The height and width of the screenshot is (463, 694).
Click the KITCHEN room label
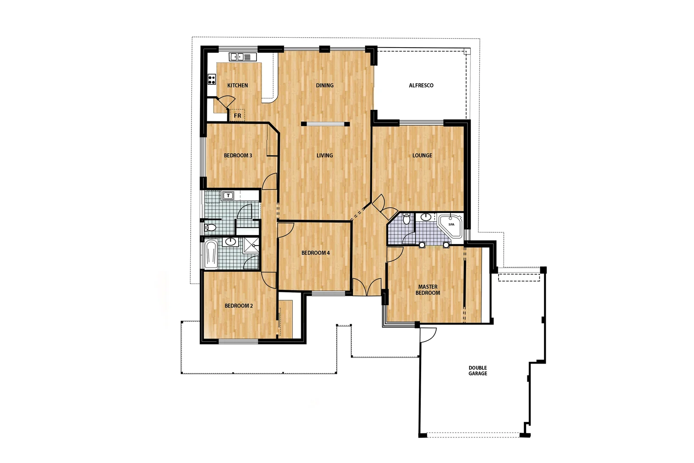click(x=237, y=85)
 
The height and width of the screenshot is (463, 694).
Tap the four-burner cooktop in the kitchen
click(x=211, y=79)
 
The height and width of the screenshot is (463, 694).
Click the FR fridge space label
click(x=237, y=116)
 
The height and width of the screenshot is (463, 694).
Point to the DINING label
click(x=325, y=85)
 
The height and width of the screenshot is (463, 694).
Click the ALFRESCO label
click(x=421, y=85)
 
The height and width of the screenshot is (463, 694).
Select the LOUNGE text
click(x=422, y=155)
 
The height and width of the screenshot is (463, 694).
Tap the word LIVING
click(x=325, y=155)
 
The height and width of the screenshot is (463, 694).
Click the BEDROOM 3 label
click(x=238, y=155)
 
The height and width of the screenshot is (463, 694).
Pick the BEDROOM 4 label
click(x=316, y=253)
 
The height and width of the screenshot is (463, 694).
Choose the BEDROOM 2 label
click(x=239, y=306)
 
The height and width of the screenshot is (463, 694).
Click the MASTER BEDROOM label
click(x=428, y=290)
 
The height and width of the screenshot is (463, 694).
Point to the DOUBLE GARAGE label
click(x=478, y=371)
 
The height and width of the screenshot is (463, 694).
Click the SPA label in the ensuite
click(x=451, y=224)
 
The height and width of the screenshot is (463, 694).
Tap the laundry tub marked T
click(x=228, y=196)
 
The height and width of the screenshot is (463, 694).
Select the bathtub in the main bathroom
click(x=211, y=254)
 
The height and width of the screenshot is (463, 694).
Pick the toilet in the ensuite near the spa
click(x=407, y=219)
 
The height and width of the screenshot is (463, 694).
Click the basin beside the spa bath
click(x=426, y=217)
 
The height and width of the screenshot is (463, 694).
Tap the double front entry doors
click(x=367, y=287)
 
